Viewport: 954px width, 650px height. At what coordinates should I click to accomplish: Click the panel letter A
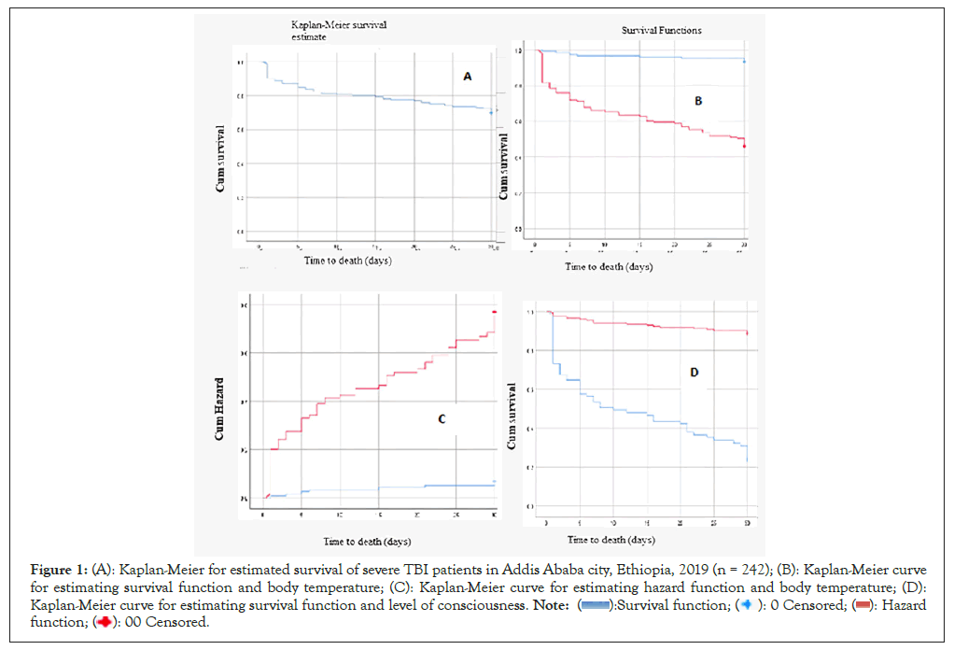tap(468, 77)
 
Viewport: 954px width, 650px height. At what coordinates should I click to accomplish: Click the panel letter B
tap(698, 101)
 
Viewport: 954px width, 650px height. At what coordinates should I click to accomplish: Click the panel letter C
tap(442, 419)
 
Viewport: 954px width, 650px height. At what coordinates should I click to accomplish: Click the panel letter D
tap(694, 373)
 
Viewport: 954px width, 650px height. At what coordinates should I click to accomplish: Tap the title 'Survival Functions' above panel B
tap(662, 31)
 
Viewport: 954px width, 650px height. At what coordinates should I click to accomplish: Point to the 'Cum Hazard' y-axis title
tap(220, 409)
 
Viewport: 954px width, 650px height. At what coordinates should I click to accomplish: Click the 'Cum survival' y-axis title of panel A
tap(220, 158)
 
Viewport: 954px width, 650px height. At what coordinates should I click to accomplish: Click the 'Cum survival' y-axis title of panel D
tap(511, 415)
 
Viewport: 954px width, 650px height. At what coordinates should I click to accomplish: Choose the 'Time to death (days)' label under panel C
tap(367, 542)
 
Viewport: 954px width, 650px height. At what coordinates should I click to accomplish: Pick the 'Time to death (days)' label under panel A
tap(347, 261)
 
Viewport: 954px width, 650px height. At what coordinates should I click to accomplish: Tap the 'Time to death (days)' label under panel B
tap(608, 268)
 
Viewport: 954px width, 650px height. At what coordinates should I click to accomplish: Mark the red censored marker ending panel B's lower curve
tap(744, 146)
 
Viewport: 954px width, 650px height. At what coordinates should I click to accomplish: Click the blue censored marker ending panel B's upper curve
tap(744, 62)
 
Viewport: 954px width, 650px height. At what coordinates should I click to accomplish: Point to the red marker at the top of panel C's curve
tap(494, 312)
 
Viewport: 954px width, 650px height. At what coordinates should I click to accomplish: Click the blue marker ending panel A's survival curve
tap(491, 112)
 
